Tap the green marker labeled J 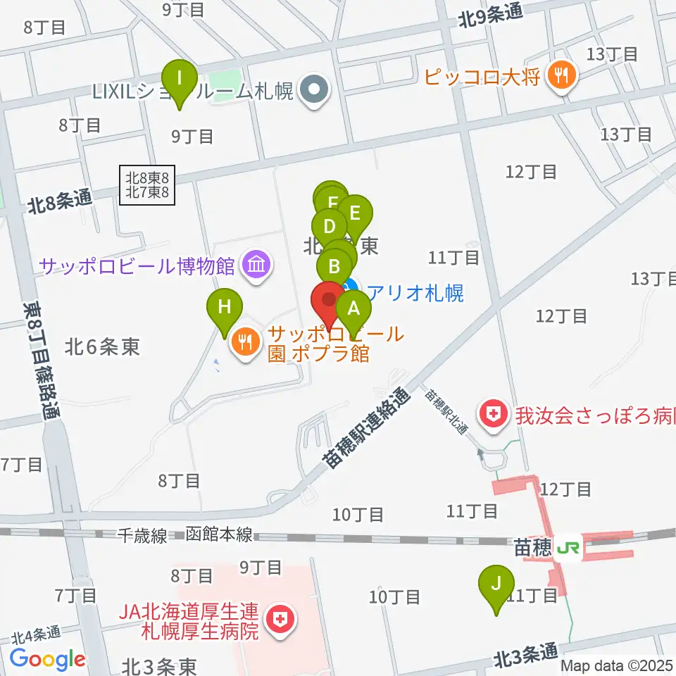pyautogui.click(x=497, y=584)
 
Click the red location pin pyautogui.click(x=329, y=301)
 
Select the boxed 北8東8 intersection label pyautogui.click(x=146, y=185)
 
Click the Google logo pyautogui.click(x=47, y=659)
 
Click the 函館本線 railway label pyautogui.click(x=219, y=535)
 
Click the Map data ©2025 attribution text pyautogui.click(x=617, y=665)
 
